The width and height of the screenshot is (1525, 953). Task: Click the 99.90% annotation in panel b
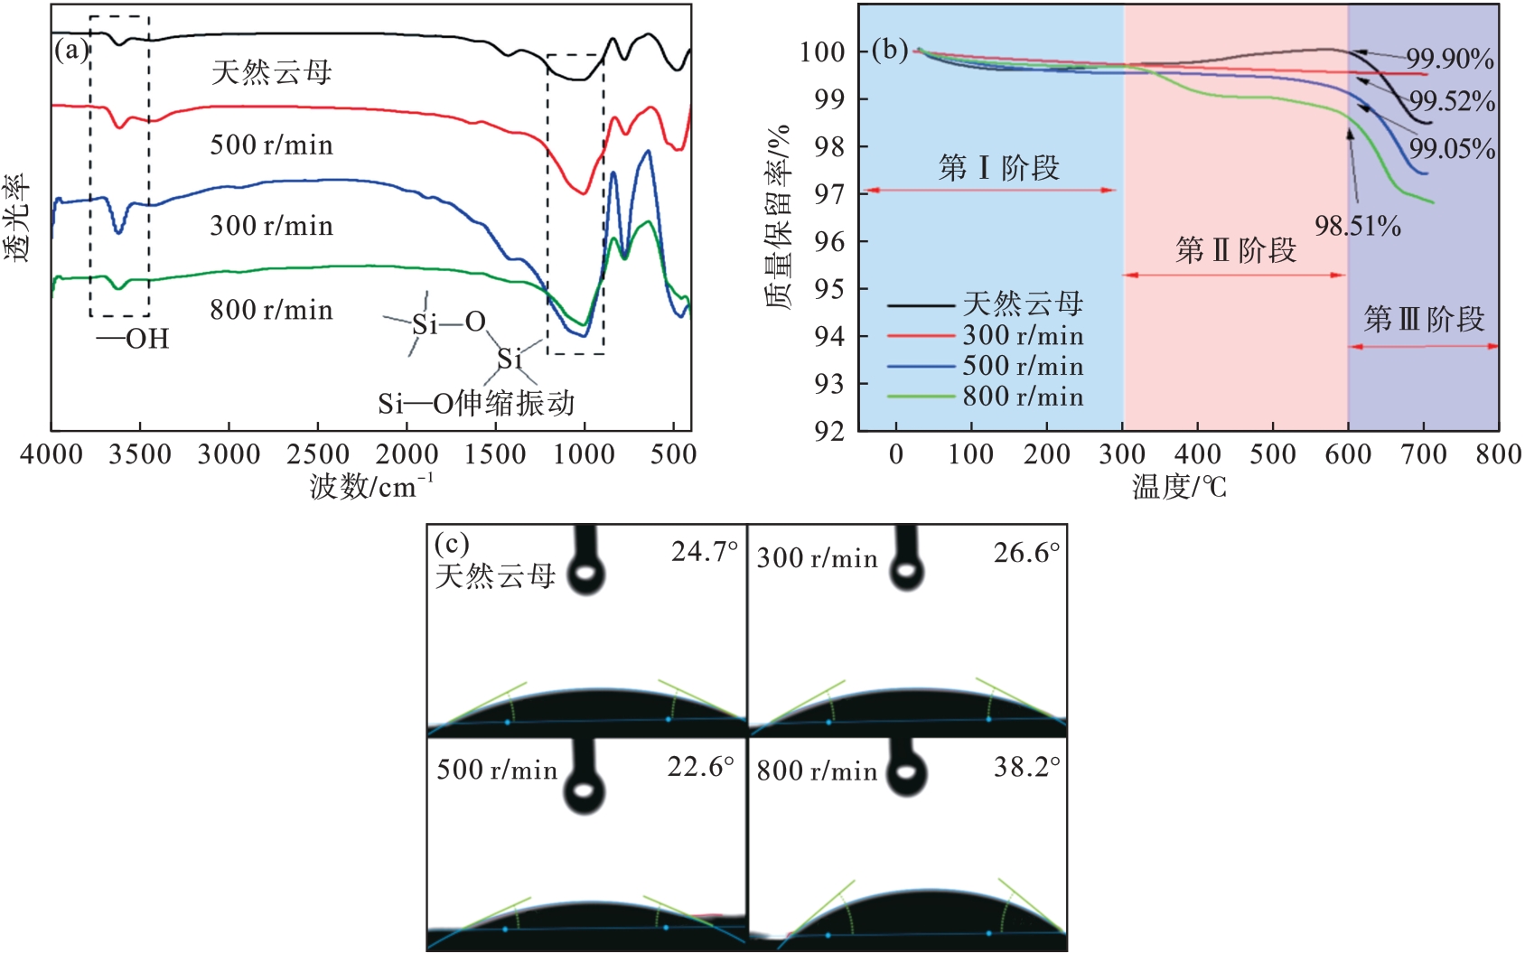(1449, 59)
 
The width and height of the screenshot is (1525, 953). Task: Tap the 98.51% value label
(1357, 226)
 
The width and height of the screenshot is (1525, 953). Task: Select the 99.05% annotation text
(1452, 148)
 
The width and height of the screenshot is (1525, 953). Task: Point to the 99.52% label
(1452, 101)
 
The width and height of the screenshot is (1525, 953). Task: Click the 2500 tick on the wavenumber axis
(318, 454)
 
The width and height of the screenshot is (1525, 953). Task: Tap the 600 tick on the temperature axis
(1348, 454)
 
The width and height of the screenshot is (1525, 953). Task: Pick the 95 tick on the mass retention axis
(830, 289)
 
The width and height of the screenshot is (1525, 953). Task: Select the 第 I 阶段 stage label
(998, 168)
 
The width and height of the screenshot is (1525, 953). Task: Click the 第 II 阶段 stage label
(1236, 250)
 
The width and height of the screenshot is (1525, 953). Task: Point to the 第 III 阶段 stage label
(1424, 319)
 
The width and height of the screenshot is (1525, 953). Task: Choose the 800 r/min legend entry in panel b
(1022, 397)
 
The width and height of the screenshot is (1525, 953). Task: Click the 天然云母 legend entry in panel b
(1022, 304)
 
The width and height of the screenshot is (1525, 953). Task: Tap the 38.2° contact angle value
(1026, 768)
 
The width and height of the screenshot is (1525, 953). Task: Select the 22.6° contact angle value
(700, 768)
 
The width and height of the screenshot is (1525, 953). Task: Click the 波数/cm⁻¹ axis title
(371, 487)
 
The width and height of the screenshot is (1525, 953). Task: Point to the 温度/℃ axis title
(1179, 487)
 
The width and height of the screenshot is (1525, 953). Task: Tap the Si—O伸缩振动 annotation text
(476, 403)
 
